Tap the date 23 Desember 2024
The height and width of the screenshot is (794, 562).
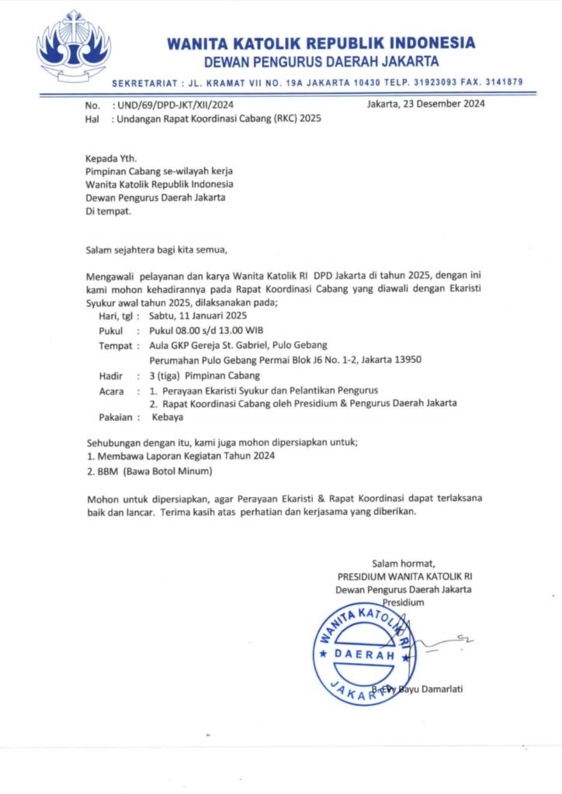click(x=438, y=105)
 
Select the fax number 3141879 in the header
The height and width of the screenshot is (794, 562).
click(x=499, y=81)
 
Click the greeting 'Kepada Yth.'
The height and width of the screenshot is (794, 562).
click(x=110, y=157)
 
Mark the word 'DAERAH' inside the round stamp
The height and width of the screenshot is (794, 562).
click(x=363, y=654)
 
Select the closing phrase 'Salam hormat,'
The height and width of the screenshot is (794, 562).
click(x=403, y=563)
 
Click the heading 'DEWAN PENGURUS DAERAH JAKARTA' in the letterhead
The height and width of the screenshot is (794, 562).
click(x=321, y=61)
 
